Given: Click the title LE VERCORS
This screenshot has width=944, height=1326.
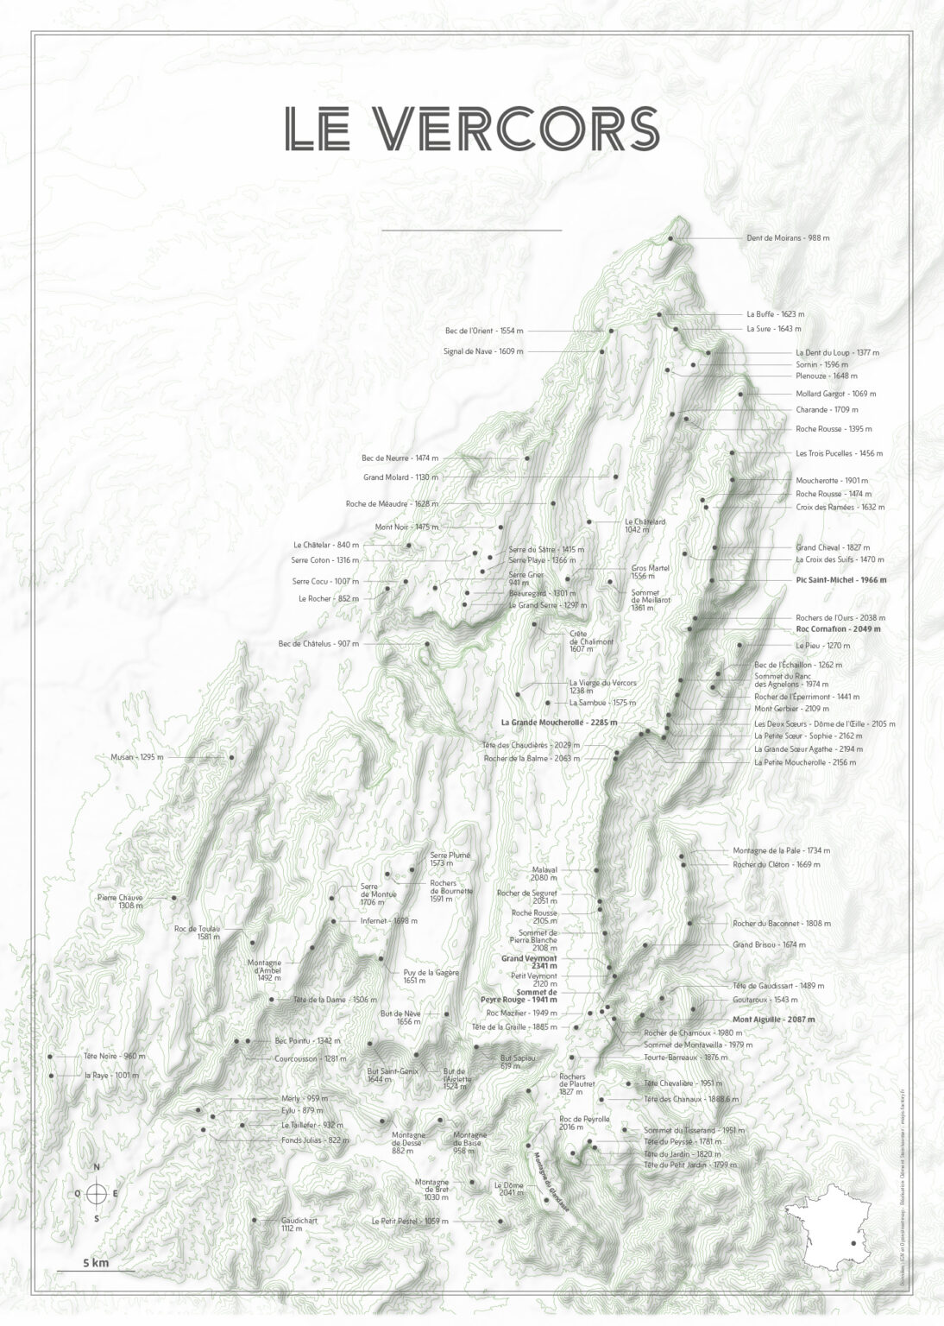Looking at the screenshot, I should click(472, 128).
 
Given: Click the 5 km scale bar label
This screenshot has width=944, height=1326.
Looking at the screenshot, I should click(95, 1262).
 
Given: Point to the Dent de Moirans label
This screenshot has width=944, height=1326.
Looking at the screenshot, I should click(787, 237).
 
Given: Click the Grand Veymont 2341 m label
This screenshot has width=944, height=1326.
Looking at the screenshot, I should click(530, 962).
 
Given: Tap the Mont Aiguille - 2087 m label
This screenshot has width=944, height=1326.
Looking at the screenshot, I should click(773, 1019).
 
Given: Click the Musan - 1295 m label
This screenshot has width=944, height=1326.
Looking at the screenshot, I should click(136, 757).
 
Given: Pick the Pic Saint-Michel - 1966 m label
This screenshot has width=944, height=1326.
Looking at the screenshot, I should click(840, 580).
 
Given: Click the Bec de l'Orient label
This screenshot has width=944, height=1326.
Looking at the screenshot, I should click(484, 331).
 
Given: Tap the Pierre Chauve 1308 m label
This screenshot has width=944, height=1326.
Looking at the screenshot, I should click(120, 901).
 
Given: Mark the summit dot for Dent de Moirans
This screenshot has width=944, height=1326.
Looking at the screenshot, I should click(670, 239).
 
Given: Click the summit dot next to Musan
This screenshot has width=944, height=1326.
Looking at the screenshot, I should click(231, 757).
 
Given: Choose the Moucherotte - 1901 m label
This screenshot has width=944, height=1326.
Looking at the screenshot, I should click(832, 480).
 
